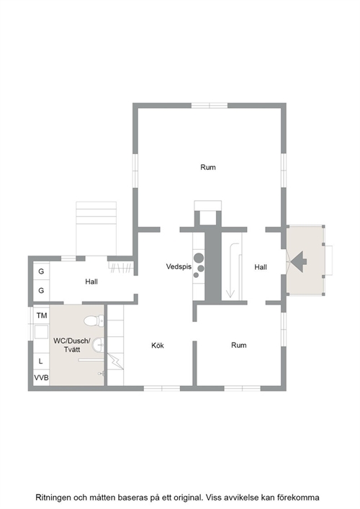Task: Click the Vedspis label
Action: [179, 266]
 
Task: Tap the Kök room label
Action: [158, 346]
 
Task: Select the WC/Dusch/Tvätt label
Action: [72, 345]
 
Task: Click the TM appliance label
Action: [42, 315]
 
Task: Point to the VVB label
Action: [42, 377]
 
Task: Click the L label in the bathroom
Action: [40, 361]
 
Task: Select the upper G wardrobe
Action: [41, 271]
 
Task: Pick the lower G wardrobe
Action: [41, 290]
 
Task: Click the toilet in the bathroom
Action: [94, 321]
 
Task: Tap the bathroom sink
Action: [98, 345]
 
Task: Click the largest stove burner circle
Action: [199, 258]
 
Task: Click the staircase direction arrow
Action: [230, 271]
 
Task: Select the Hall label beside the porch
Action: [261, 267]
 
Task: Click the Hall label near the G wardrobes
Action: [91, 281]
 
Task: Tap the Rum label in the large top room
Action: [208, 167]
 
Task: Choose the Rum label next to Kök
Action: [238, 345]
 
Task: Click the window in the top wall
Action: [210, 106]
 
